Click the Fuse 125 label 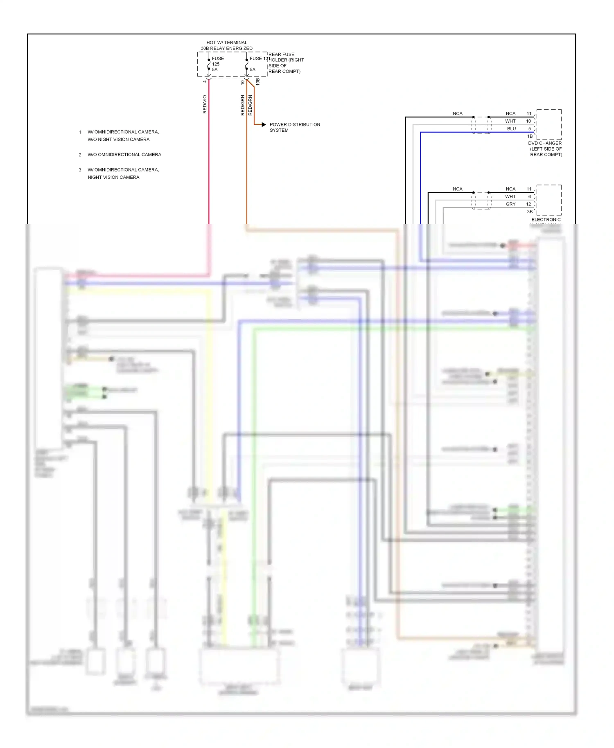tap(217, 61)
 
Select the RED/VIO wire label tap(205, 104)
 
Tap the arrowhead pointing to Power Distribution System tap(264, 124)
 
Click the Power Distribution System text tap(294, 127)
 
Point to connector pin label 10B tap(257, 82)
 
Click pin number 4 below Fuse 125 tap(205, 81)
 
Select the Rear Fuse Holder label tap(286, 63)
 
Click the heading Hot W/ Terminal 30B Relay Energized tap(226, 45)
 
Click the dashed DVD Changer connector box tap(549, 124)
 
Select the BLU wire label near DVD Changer tap(511, 128)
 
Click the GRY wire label tap(510, 204)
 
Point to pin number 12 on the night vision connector tap(528, 204)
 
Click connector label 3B tap(530, 212)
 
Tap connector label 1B tap(530, 136)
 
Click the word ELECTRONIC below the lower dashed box tap(546, 219)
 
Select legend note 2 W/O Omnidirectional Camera tap(124, 155)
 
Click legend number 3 tap(80, 170)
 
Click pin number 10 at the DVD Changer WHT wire tap(528, 121)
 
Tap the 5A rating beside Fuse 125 tap(214, 70)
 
